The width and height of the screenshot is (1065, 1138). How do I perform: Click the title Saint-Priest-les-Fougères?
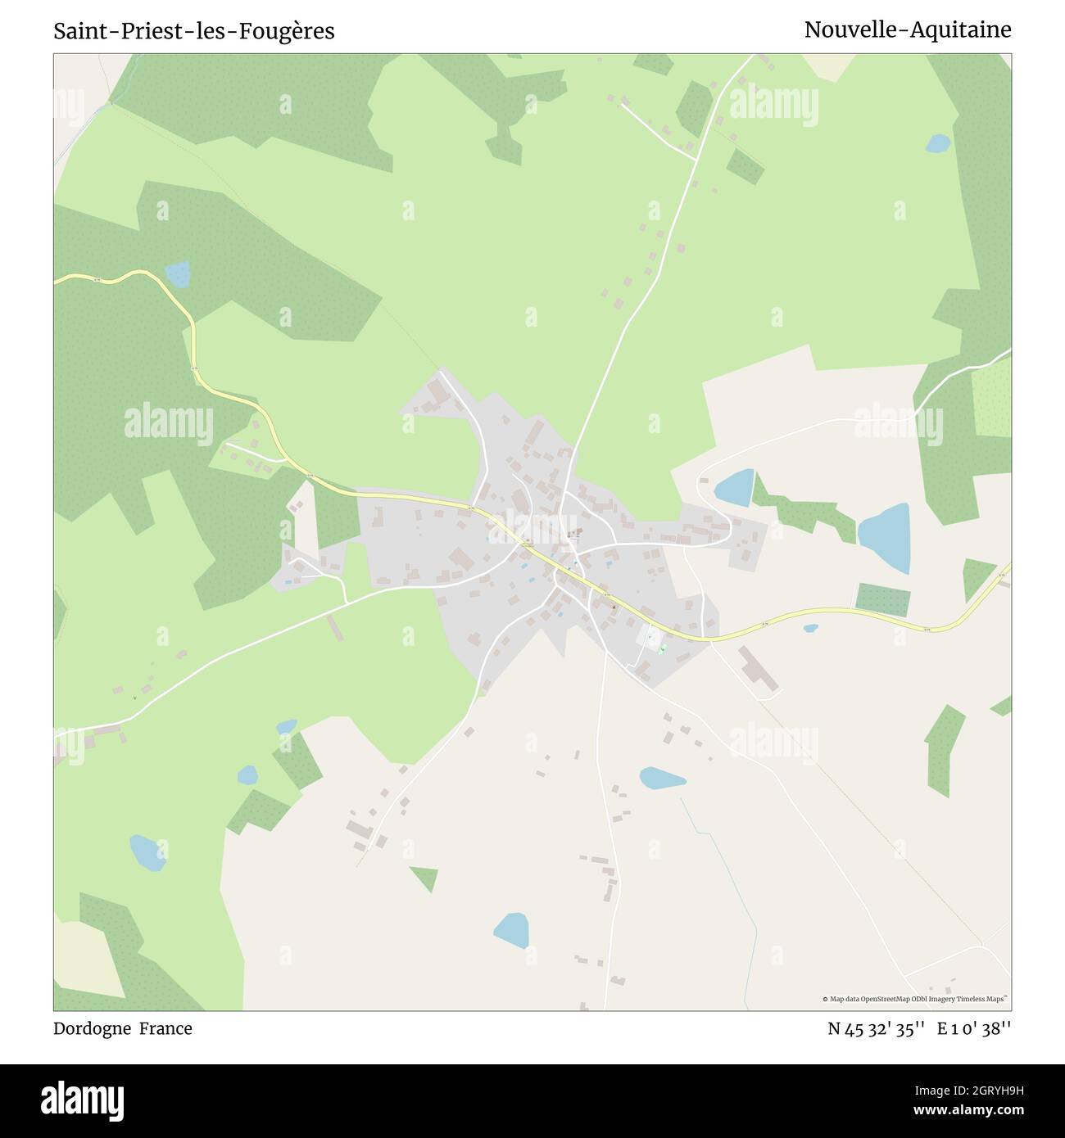click(x=194, y=31)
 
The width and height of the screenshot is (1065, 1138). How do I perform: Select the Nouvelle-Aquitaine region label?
click(x=907, y=29)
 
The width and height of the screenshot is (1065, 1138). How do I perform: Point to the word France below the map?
click(x=165, y=1028)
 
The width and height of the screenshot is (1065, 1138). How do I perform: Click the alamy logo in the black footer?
click(x=83, y=1100)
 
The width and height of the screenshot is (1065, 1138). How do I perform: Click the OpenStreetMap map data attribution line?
click(x=914, y=999)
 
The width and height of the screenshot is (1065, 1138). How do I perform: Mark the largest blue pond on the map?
click(x=886, y=537)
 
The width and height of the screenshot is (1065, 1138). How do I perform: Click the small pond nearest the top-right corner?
click(x=938, y=144)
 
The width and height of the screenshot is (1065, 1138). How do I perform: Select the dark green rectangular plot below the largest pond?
click(x=882, y=600)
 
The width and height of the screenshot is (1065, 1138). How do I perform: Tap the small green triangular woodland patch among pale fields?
click(x=424, y=877)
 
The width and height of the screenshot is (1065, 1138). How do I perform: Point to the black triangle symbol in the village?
click(x=614, y=607)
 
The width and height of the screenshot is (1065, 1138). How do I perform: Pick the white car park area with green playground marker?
click(x=651, y=640)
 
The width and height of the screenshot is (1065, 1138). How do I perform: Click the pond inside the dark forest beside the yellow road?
click(x=177, y=274)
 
